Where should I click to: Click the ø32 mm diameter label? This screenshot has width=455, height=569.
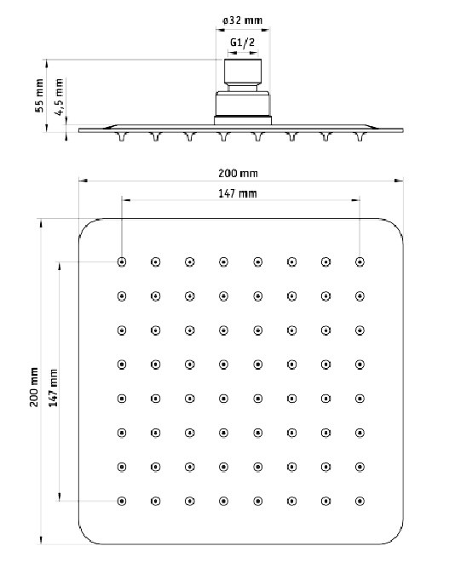tap(242, 20)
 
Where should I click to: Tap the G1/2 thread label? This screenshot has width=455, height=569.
tap(243, 43)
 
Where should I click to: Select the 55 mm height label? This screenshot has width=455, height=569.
tap(39, 95)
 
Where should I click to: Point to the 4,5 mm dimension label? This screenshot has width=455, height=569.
tap(59, 97)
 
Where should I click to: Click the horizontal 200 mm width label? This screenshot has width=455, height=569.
tap(238, 174)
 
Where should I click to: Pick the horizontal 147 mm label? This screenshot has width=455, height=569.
tap(238, 193)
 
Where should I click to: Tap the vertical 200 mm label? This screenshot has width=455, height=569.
tap(34, 387)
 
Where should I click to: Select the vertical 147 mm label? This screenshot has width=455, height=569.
tap(54, 388)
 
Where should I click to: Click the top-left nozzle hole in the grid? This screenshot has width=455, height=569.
tap(122, 262)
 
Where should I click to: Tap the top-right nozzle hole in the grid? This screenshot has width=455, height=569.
tap(360, 262)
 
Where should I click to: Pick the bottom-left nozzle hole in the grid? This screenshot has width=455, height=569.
tap(122, 501)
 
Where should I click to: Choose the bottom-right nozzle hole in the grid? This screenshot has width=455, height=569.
tap(360, 501)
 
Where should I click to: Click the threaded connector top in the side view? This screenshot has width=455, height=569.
tap(243, 72)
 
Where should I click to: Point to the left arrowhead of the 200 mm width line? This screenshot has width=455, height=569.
tap(84, 180)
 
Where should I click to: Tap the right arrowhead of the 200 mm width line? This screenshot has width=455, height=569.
tap(399, 180)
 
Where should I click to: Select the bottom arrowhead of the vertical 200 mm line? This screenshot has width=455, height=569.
tap(42, 539)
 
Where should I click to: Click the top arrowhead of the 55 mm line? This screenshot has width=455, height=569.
tap(47, 64)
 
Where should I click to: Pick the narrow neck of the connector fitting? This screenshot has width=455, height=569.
tap(243, 88)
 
